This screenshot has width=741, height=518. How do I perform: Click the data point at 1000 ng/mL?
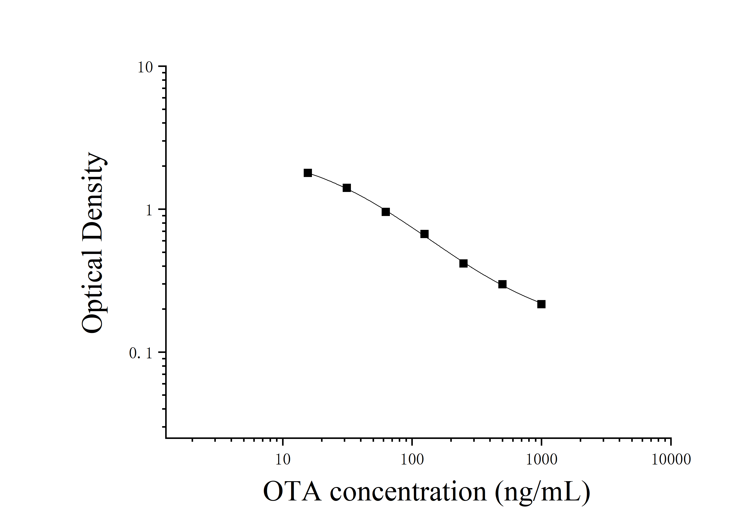(541, 304)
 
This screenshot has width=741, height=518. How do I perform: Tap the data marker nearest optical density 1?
(386, 212)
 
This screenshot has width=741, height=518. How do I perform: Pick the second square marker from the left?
(347, 188)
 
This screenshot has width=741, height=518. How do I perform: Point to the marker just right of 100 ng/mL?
(424, 234)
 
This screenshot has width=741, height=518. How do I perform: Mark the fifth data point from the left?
(463, 263)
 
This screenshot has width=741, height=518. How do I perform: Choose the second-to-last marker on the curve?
(502, 284)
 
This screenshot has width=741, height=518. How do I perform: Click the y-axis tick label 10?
(145, 68)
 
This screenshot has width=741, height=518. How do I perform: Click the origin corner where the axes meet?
(166, 438)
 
